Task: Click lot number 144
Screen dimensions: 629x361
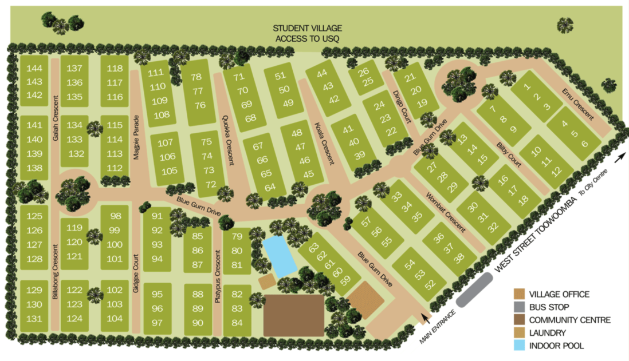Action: click(x=35, y=68)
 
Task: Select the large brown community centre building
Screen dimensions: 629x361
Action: click(x=293, y=315)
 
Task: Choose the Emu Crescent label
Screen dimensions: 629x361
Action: click(x=577, y=103)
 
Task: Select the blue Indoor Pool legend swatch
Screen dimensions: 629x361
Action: click(x=519, y=346)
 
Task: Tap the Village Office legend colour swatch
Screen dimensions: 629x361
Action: click(x=519, y=295)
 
